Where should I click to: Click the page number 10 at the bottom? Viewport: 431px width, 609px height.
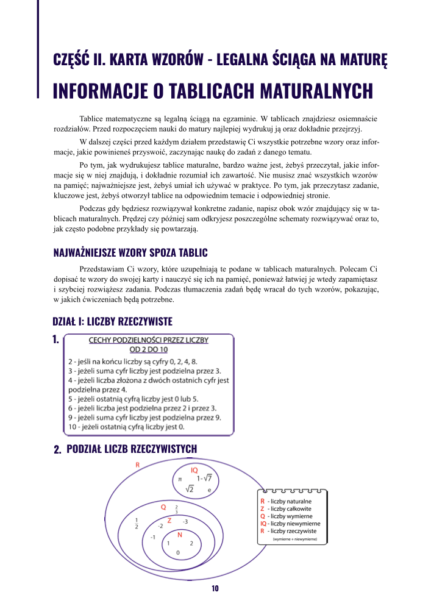point(215,588)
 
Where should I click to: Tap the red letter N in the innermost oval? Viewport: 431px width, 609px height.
point(180,535)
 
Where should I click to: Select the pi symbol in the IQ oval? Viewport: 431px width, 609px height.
point(180,479)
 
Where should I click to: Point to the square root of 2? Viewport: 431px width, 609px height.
point(190,488)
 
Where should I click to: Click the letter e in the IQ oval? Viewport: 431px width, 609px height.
point(209,490)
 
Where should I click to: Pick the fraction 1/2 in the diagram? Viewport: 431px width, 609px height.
point(137,523)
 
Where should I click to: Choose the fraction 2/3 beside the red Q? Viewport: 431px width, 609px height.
point(177,509)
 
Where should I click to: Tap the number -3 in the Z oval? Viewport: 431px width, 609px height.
point(185,522)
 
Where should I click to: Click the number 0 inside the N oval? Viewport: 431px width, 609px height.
point(178,553)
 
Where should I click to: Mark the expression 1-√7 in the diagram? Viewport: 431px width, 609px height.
point(204,478)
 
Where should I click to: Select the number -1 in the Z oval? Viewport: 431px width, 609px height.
point(153,537)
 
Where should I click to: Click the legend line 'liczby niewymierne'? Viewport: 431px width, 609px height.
point(290,524)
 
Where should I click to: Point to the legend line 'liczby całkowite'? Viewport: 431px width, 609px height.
point(286,509)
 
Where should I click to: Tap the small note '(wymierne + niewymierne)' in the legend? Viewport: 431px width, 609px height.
point(294,539)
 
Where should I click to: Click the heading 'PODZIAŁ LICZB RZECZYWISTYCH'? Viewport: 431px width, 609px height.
point(132,449)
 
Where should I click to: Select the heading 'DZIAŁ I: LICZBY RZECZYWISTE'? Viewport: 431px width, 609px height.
point(113,322)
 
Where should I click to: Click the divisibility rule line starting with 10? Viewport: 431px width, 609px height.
point(127,427)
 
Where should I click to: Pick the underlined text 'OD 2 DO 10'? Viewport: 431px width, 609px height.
point(149,349)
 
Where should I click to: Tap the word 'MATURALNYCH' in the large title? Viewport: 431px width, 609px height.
point(316,91)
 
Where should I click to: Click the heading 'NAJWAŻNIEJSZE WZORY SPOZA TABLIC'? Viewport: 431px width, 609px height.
point(130,253)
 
